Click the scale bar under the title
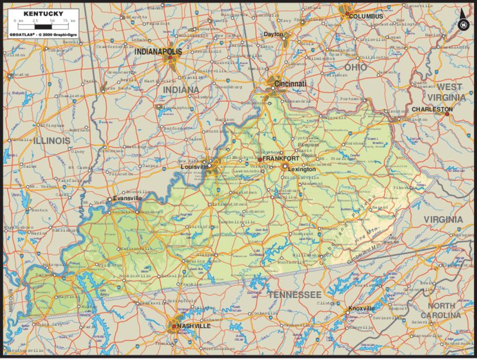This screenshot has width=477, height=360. (43, 24)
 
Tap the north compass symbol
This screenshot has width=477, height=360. (463, 24)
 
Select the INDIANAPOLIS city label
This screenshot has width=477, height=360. (158, 51)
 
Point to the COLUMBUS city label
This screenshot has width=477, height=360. (365, 16)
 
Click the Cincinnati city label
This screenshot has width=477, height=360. (290, 84)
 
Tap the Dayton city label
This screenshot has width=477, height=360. (274, 34)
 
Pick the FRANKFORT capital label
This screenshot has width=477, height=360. (282, 158)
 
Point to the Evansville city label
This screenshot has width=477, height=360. (127, 198)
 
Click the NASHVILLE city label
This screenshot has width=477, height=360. (194, 326)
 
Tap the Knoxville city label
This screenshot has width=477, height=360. (362, 309)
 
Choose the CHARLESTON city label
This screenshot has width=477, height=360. (432, 109)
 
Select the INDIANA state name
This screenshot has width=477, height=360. (180, 90)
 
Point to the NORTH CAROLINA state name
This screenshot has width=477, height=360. (445, 310)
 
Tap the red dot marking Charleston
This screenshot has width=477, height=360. (446, 114)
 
